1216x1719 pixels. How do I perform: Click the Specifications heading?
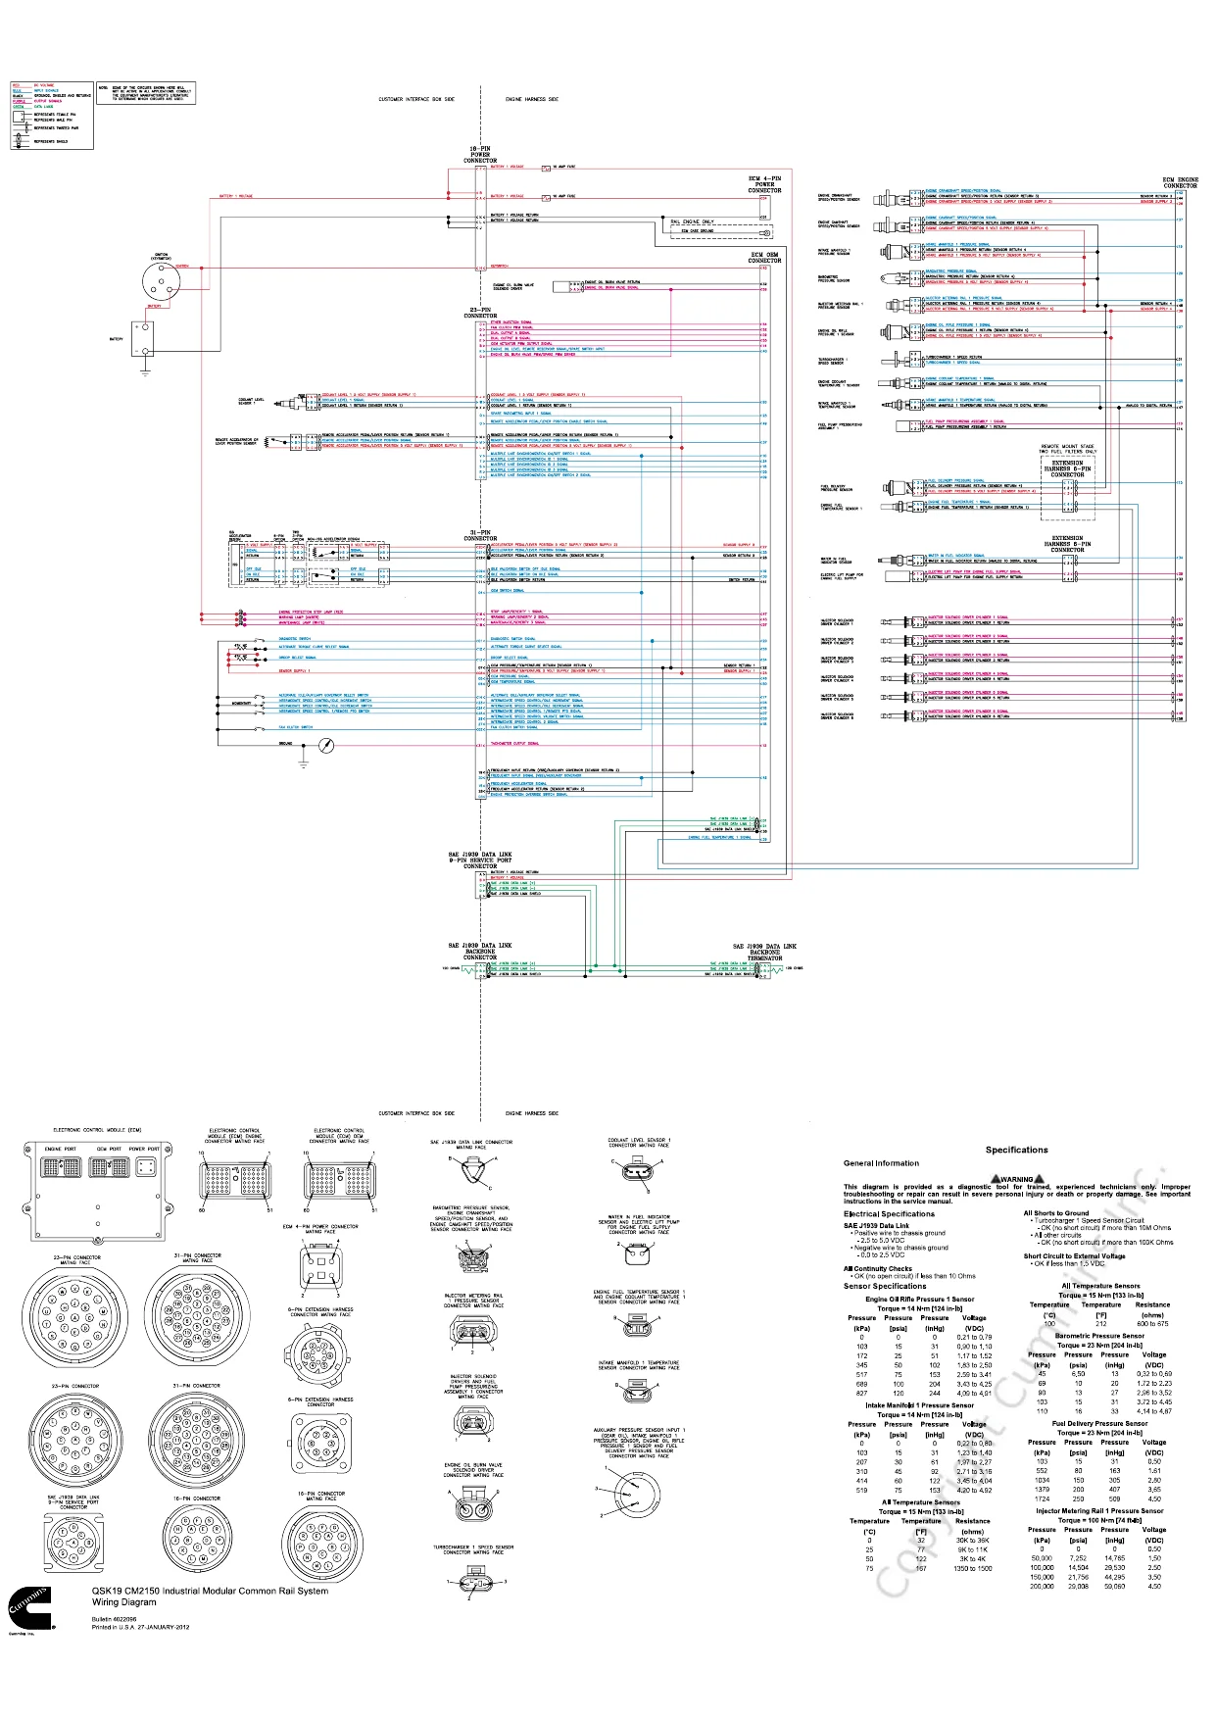click(1016, 1150)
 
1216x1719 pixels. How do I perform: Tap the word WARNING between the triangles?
click(1017, 1179)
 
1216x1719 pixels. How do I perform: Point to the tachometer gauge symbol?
click(327, 746)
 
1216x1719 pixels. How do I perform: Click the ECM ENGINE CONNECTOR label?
click(1180, 183)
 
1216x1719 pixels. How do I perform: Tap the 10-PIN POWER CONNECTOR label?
click(480, 155)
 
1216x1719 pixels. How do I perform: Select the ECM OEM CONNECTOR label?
click(764, 258)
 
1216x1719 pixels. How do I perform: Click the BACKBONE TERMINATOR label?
click(764, 953)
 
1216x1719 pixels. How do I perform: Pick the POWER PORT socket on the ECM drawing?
click(144, 1167)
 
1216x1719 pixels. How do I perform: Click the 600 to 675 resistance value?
click(1152, 1324)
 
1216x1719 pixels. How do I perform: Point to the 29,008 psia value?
click(1078, 1586)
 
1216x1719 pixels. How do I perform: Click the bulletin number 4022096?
click(115, 1619)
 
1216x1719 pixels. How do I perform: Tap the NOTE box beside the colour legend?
click(146, 93)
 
